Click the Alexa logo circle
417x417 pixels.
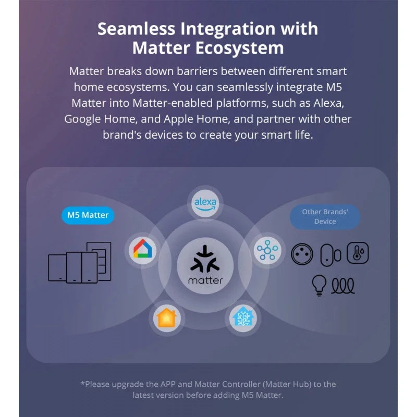[205, 203]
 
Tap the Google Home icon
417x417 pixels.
[143, 250]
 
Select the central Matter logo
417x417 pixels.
[205, 265]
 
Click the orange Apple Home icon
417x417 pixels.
[167, 318]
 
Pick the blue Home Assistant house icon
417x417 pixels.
[243, 318]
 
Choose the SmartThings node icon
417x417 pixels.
[267, 250]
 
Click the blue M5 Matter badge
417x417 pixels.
[88, 215]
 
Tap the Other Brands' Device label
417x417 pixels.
[325, 217]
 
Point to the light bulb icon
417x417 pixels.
[319, 285]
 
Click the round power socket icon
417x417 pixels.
[302, 254]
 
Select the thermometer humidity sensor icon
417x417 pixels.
[358, 253]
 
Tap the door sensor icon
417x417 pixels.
[330, 255]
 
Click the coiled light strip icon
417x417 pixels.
[343, 286]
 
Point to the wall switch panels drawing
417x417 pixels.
[80, 262]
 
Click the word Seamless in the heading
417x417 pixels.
[137, 29]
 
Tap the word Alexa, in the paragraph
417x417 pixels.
[329, 103]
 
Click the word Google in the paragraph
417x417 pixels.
[82, 119]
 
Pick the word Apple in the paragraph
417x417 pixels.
[175, 119]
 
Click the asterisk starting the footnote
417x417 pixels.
[82, 383]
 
